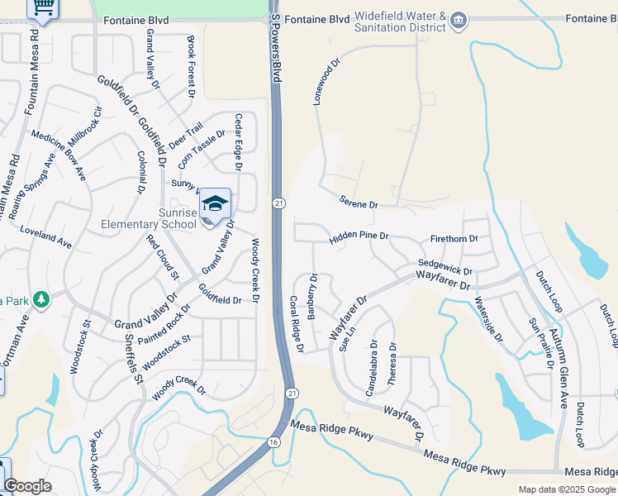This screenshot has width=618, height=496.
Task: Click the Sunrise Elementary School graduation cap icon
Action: click(x=215, y=203)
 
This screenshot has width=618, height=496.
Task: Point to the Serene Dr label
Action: click(x=358, y=202)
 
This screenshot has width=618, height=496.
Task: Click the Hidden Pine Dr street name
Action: click(x=359, y=237)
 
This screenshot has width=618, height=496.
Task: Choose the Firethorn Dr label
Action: click(x=454, y=239)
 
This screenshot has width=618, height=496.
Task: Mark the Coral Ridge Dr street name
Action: click(x=295, y=322)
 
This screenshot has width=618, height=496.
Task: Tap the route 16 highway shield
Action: click(x=273, y=442)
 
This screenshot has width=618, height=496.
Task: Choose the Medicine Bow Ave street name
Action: click(x=59, y=155)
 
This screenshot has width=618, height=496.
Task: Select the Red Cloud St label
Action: click(x=162, y=255)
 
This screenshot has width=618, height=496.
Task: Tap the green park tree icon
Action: click(x=39, y=298)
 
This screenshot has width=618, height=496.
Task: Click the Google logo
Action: click(x=27, y=486)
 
